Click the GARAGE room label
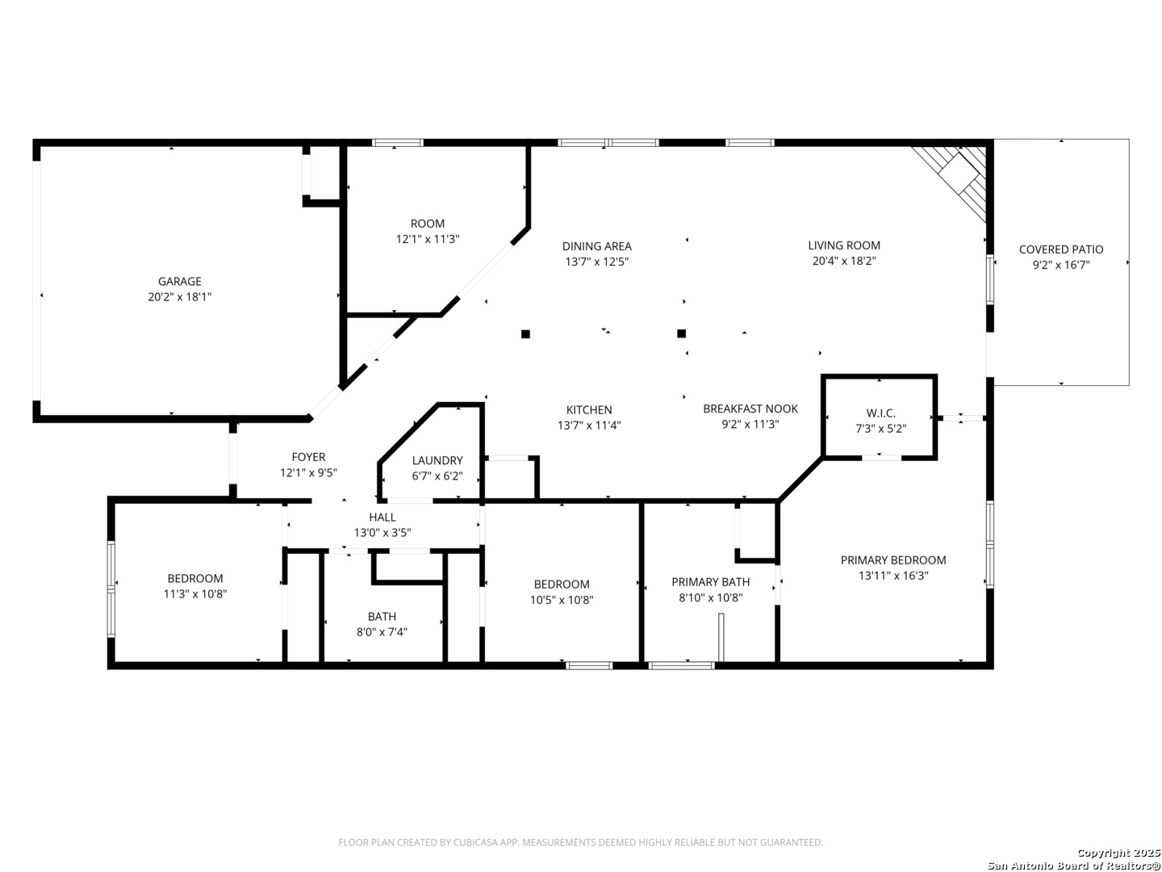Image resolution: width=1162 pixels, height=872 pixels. (x=179, y=282)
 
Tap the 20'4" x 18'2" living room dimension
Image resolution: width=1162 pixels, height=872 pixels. (x=844, y=261)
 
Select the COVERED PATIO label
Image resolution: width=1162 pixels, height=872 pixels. (x=1061, y=249)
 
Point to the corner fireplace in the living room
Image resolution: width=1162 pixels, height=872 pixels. (x=953, y=179)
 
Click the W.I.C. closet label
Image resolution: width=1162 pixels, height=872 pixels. (x=881, y=413)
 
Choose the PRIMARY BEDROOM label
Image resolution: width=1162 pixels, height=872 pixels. (x=893, y=560)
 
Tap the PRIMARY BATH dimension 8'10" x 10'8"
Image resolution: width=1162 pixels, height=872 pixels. (x=710, y=597)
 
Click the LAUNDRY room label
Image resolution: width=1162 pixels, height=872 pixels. (x=437, y=460)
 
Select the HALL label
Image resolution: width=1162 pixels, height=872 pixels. (x=382, y=518)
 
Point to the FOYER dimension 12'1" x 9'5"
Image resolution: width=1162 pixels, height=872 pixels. (x=308, y=473)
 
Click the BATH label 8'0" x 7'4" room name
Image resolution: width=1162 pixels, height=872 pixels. (x=382, y=616)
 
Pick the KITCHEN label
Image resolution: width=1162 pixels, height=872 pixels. (x=589, y=410)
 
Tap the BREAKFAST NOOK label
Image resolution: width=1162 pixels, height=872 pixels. (x=750, y=409)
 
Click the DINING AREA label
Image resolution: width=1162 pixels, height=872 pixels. (x=596, y=246)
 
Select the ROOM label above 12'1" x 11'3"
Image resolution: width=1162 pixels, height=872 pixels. (x=427, y=224)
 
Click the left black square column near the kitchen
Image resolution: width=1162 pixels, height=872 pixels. (x=525, y=333)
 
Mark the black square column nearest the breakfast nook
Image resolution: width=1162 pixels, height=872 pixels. (x=681, y=333)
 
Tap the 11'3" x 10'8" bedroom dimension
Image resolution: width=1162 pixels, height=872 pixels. (x=195, y=594)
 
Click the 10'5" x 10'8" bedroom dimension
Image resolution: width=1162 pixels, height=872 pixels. (x=562, y=600)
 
